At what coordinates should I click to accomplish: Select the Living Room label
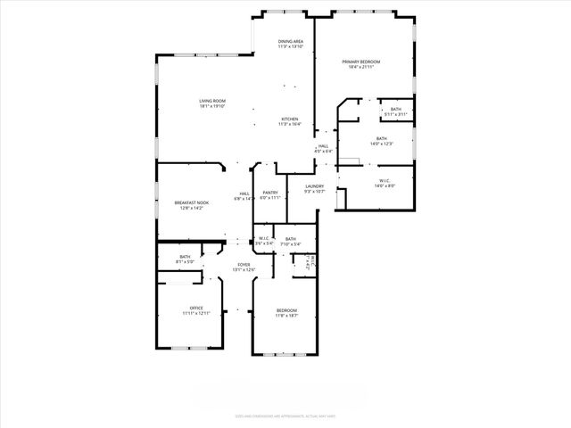(x=212, y=101)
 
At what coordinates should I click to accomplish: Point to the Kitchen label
(x=290, y=119)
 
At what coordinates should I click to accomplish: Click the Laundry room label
(x=314, y=185)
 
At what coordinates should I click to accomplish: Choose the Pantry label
(x=270, y=193)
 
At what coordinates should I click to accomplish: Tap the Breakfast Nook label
(x=192, y=202)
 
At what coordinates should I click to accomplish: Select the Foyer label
(x=244, y=265)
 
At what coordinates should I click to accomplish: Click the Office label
(x=196, y=309)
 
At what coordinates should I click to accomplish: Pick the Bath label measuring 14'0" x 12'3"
(x=382, y=138)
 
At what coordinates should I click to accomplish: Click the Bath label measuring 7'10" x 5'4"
(x=291, y=239)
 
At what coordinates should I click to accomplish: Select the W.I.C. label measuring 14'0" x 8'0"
(x=382, y=181)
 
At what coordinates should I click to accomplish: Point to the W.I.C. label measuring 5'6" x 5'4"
(x=264, y=238)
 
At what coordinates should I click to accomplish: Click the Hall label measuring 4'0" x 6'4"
(x=323, y=146)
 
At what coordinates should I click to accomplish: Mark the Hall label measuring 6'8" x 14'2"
(x=244, y=193)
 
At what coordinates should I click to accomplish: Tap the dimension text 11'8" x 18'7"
(x=286, y=315)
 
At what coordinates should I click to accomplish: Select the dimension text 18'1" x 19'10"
(x=212, y=106)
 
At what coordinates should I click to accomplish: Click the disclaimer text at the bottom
(x=285, y=414)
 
